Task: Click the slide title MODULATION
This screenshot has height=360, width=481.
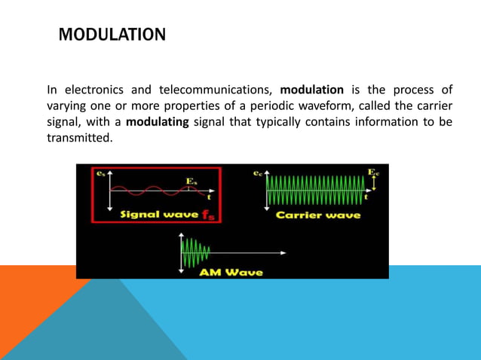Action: (112, 35)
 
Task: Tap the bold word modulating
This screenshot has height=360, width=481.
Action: (158, 123)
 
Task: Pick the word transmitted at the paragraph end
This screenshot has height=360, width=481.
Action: (79, 139)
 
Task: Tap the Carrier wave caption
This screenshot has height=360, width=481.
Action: (318, 215)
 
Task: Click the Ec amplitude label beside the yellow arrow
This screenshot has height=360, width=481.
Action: (373, 172)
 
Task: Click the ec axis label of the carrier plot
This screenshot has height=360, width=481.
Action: (257, 174)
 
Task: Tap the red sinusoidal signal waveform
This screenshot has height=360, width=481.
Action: (151, 190)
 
